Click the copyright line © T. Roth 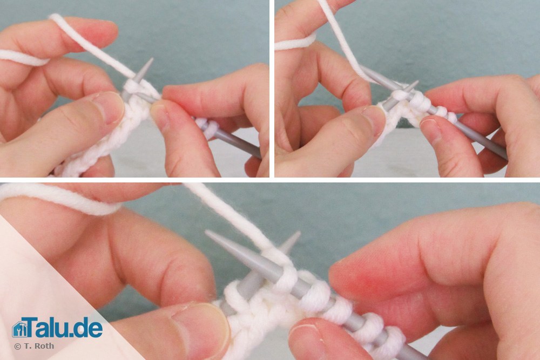pos(34,346)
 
